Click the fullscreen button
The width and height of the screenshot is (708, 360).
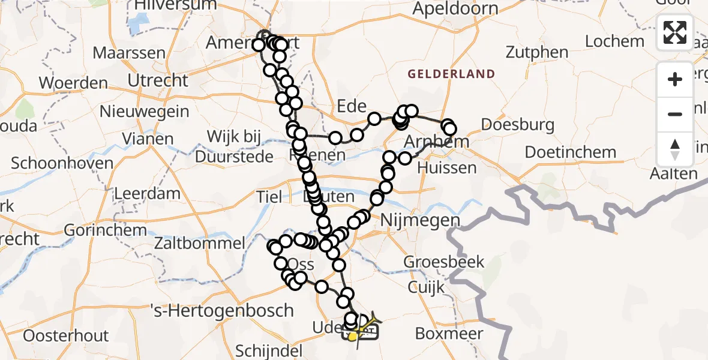point(675,32)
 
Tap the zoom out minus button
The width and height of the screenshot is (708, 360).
point(675,114)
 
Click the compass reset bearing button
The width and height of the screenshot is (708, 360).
point(675,149)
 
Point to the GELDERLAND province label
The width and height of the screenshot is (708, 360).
point(451,74)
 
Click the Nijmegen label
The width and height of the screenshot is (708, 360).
point(419,221)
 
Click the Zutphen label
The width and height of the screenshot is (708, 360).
point(537,52)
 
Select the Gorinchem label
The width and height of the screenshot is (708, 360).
point(104,230)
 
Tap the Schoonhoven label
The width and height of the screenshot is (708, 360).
point(62,163)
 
